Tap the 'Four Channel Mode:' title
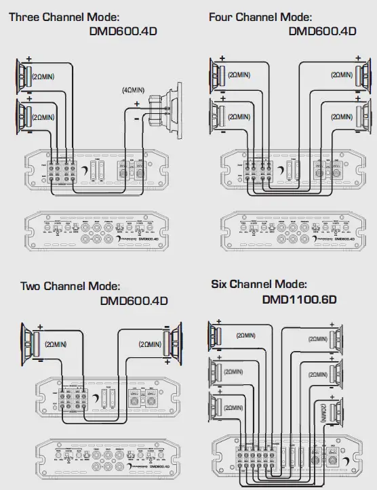click(x=260, y=16)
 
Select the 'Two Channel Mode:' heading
click(x=71, y=286)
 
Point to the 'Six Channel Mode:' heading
click(x=259, y=284)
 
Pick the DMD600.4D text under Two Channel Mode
click(x=134, y=300)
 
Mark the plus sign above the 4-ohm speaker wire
click(x=137, y=104)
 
